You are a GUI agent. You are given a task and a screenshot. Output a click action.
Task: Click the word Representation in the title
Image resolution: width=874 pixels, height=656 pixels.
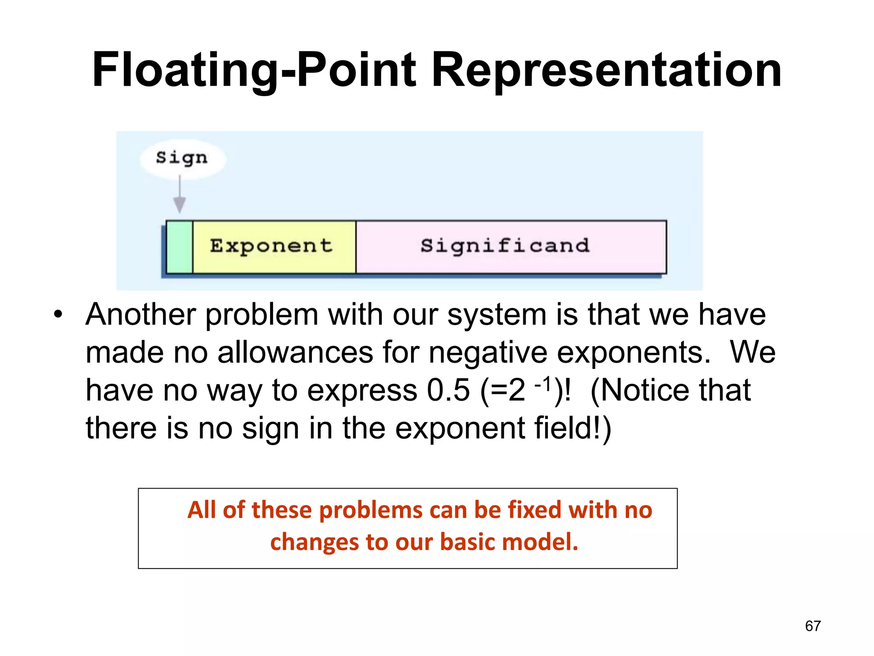click(x=606, y=70)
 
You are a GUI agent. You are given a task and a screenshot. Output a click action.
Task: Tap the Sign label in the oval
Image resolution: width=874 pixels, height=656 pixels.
click(x=182, y=158)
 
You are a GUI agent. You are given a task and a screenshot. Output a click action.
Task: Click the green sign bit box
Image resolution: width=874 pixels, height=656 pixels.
click(x=179, y=247)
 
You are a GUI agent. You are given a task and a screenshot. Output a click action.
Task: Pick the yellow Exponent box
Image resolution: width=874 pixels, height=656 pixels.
click(x=274, y=247)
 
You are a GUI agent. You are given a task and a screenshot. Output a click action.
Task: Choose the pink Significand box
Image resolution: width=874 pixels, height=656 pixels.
click(x=511, y=247)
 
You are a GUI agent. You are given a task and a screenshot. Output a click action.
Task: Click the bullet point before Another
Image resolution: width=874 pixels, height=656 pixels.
click(x=58, y=315)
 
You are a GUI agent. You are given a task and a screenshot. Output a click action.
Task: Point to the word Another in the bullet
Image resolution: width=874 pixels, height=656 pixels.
click(x=141, y=315)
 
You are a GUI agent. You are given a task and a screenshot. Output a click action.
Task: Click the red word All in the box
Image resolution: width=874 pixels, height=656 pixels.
click(x=202, y=510)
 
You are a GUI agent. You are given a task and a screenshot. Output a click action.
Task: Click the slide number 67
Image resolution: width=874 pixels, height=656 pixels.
click(x=813, y=626)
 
